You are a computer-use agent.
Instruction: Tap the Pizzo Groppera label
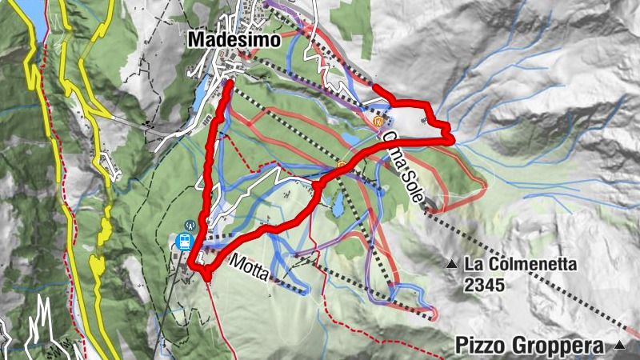tap(530, 346)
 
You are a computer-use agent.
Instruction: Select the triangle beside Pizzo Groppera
tap(618, 346)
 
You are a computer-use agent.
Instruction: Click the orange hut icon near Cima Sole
tap(378, 122)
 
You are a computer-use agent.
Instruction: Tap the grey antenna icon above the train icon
tap(189, 226)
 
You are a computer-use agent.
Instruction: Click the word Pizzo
tap(479, 346)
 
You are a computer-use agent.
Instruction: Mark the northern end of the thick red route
tap(229, 82)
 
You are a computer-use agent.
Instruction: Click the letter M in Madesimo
tap(196, 38)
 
